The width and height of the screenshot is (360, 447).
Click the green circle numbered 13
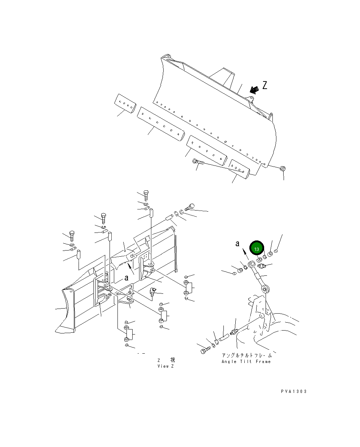pos(257,249)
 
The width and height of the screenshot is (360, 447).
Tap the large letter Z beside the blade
pos(265,85)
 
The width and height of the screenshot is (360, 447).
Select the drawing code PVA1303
pos(294,391)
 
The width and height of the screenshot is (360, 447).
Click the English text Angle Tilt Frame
pos(246,362)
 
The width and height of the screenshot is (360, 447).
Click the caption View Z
pos(166,366)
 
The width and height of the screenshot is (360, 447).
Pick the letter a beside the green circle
pos(237,244)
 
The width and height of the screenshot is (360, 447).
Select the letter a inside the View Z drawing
pos(126,278)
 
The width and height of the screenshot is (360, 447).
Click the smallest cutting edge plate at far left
pos(125,103)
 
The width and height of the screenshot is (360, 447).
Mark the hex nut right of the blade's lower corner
pos(283,168)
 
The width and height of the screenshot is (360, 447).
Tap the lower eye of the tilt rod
pos(265,289)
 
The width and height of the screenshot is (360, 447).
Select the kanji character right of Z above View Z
pos(173,360)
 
